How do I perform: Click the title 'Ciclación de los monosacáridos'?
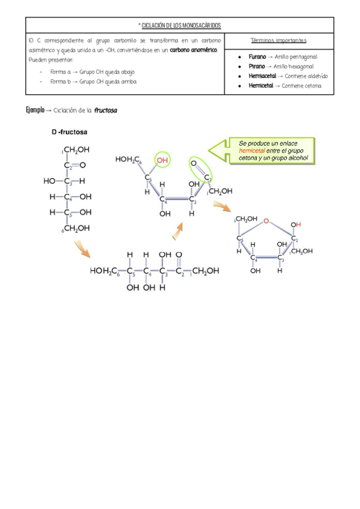(181, 26)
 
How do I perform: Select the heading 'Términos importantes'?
(279, 41)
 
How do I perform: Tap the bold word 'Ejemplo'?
(35, 110)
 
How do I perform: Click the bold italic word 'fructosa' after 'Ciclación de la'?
(106, 110)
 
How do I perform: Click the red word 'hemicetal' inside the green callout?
(250, 152)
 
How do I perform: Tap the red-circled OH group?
(163, 159)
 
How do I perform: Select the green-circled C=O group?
(202, 170)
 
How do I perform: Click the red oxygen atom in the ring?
(265, 220)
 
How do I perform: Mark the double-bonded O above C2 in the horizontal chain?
(179, 254)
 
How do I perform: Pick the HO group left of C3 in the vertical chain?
(49, 181)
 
